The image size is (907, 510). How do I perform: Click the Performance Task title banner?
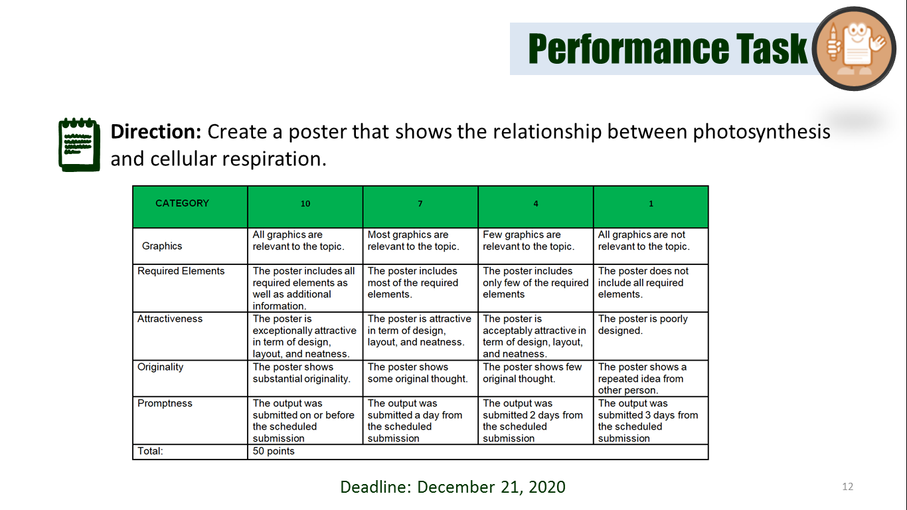coord(667,48)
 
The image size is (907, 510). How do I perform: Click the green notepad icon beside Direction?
coord(79,144)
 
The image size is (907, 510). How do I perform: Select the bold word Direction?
coord(155,131)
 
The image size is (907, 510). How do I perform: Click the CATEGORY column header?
coord(182,203)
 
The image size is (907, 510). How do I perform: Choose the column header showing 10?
coord(305,204)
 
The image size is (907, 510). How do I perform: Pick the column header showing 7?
coord(420,204)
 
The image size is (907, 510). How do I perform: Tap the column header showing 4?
coord(536,204)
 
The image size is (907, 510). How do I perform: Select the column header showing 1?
coord(651,204)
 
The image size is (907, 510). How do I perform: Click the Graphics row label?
coord(162,246)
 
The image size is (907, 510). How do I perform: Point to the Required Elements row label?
coord(181,271)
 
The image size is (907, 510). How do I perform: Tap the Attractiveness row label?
coord(170,319)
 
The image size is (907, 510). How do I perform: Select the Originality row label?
coord(160,367)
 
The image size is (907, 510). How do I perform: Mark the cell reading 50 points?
coord(274,452)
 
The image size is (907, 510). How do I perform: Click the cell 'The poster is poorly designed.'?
coord(643,325)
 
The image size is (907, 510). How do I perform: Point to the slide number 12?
coord(847,487)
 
